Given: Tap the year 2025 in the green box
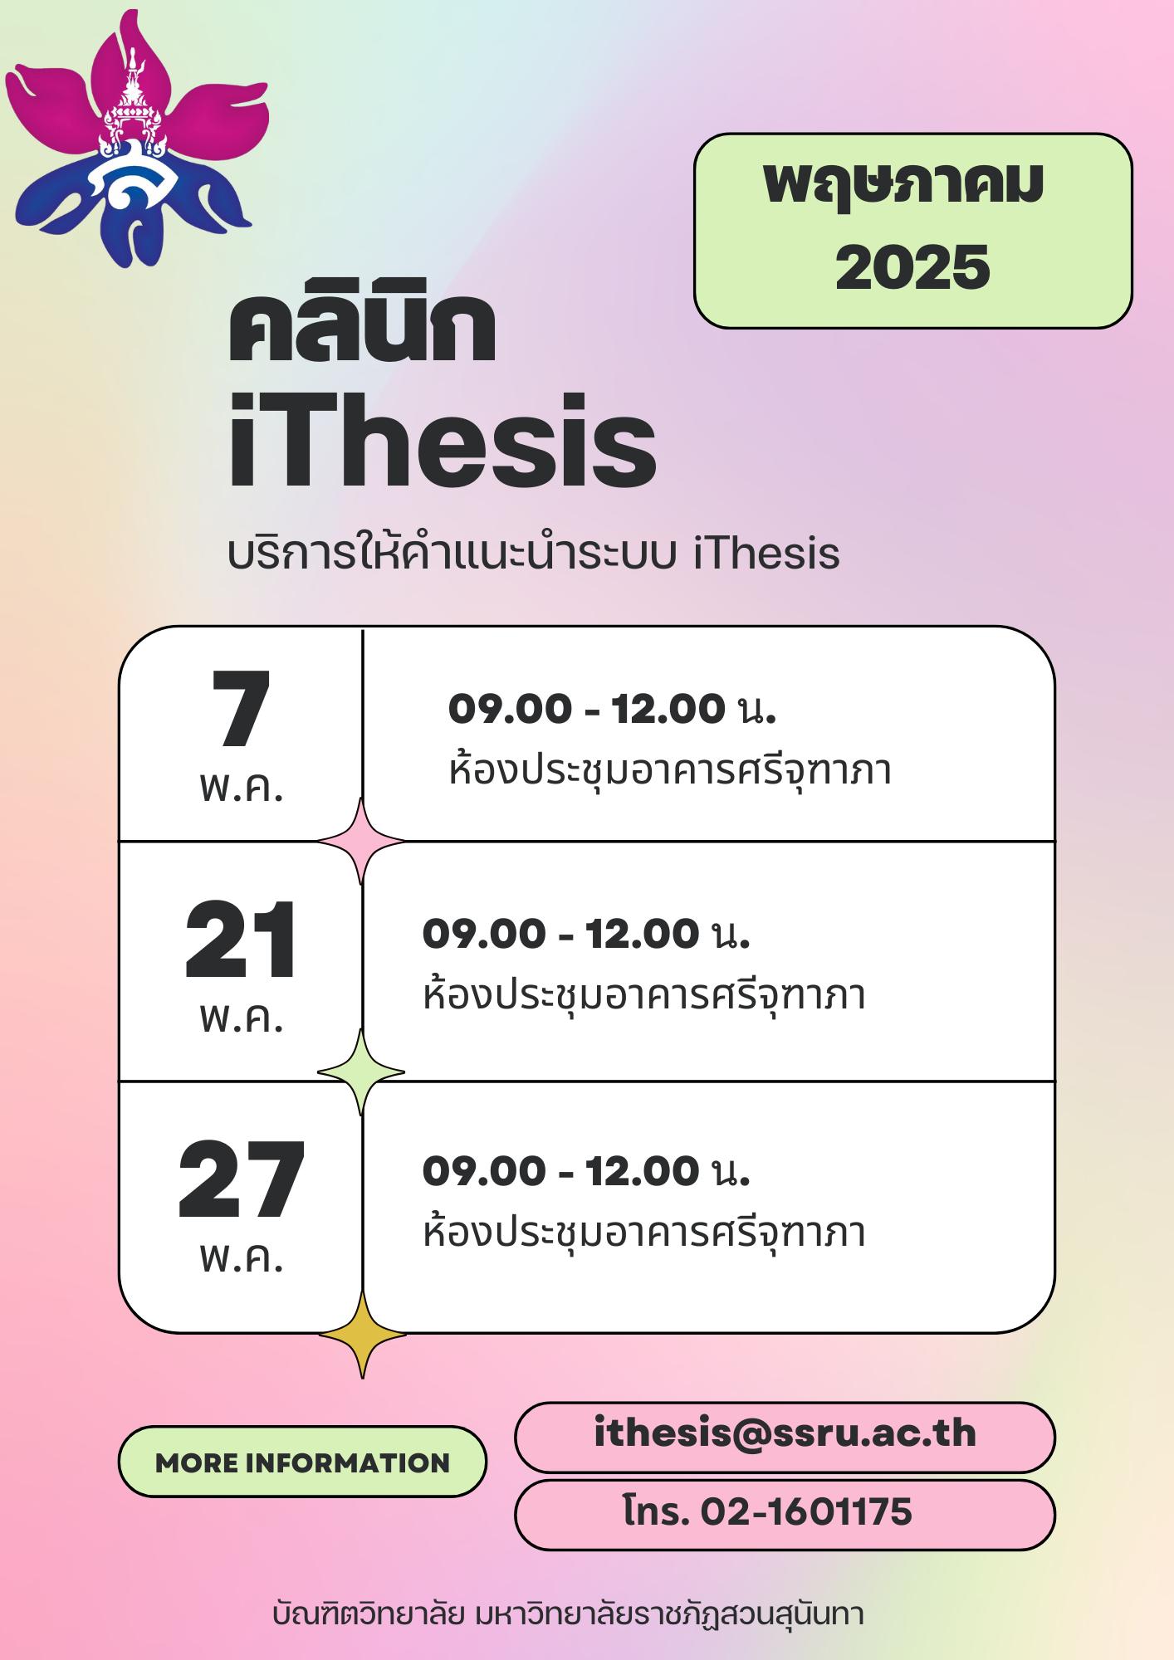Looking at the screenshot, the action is pyautogui.click(x=912, y=267).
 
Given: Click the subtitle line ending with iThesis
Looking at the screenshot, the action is pyautogui.click(x=533, y=554).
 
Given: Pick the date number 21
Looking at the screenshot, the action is pyautogui.click(x=241, y=941).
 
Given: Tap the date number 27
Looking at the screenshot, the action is pyautogui.click(x=241, y=1179).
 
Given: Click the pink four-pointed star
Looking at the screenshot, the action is pyautogui.click(x=361, y=841).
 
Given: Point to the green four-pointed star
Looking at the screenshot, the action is pyautogui.click(x=361, y=1072).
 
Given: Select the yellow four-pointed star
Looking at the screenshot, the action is pyautogui.click(x=362, y=1335).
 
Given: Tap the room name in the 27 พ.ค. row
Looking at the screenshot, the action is pyautogui.click(x=644, y=1231).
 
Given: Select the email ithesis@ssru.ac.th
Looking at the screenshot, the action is pyautogui.click(x=785, y=1433).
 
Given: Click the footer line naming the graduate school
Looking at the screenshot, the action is pyautogui.click(x=568, y=1614).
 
